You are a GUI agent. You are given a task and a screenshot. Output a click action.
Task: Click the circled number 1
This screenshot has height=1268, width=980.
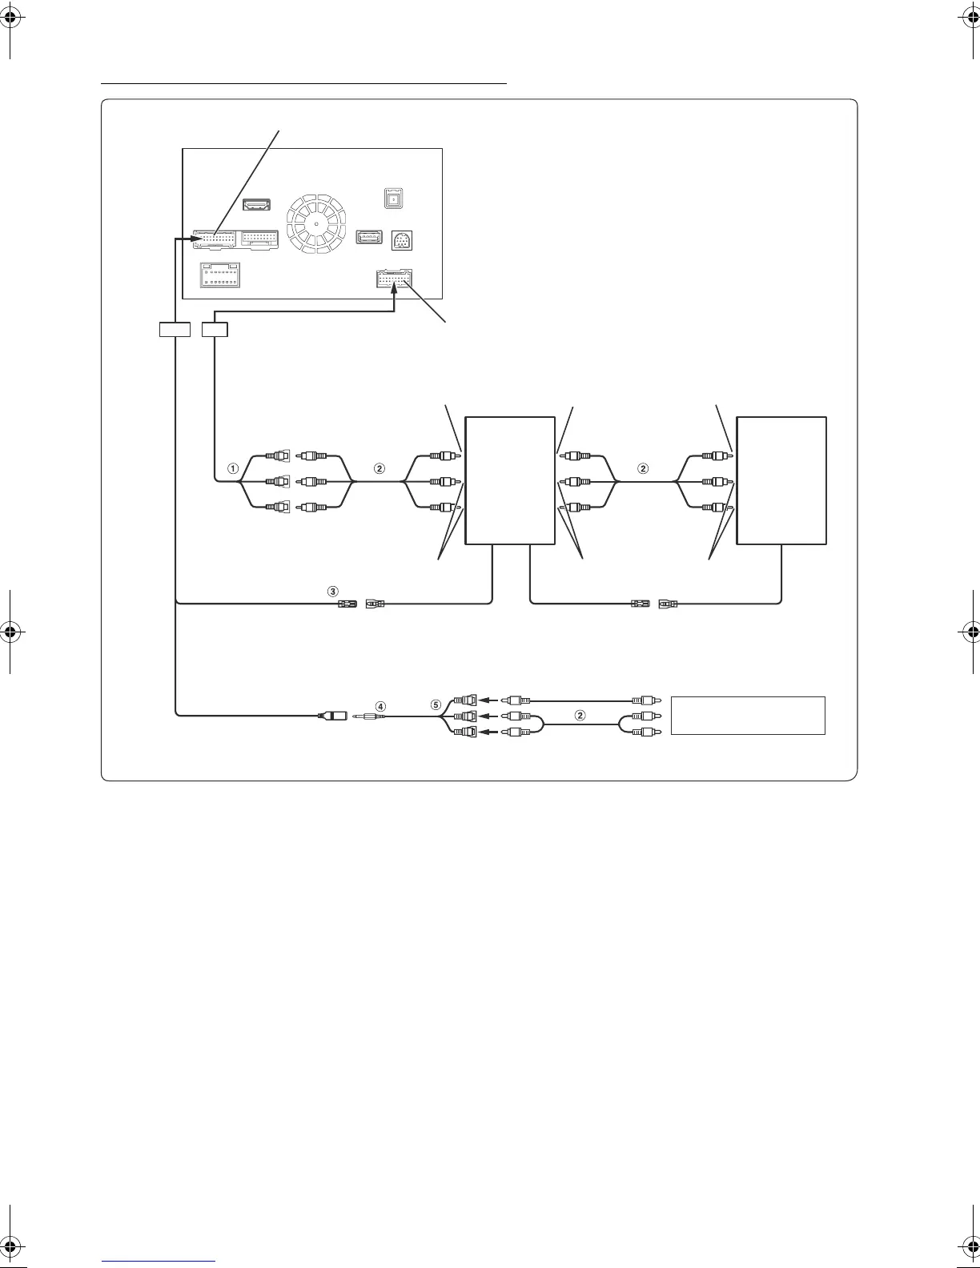233,468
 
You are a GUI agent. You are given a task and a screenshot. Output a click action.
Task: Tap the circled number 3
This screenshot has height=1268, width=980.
333,591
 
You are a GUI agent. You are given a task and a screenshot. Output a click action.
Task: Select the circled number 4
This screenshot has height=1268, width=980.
380,706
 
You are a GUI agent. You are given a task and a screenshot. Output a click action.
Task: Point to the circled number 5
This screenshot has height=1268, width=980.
436,705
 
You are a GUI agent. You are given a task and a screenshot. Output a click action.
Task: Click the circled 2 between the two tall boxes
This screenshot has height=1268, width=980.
641,468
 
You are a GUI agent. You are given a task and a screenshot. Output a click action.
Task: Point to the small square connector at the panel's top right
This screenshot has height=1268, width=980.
393,198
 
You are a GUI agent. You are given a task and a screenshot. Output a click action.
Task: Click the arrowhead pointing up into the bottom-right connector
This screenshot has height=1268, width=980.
394,295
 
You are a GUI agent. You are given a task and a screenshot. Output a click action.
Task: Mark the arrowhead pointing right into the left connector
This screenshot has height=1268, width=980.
193,239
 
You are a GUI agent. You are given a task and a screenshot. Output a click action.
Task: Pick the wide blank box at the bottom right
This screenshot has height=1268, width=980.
748,715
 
